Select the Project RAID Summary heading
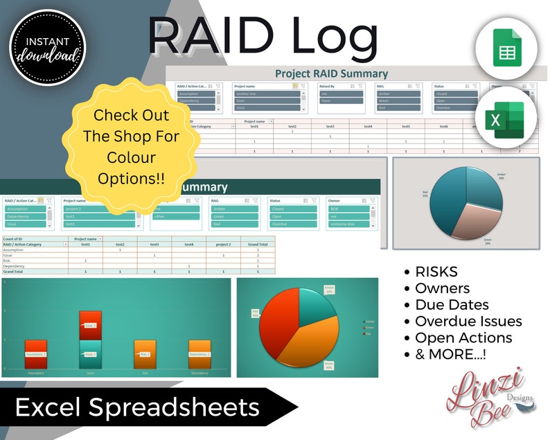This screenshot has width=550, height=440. click(x=331, y=73)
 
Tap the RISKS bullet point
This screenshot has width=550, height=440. click(x=436, y=272)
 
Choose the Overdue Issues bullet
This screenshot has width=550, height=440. click(x=468, y=321)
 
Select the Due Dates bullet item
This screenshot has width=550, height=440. click(x=451, y=304)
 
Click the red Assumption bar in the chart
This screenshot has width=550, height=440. click(x=35, y=353)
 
